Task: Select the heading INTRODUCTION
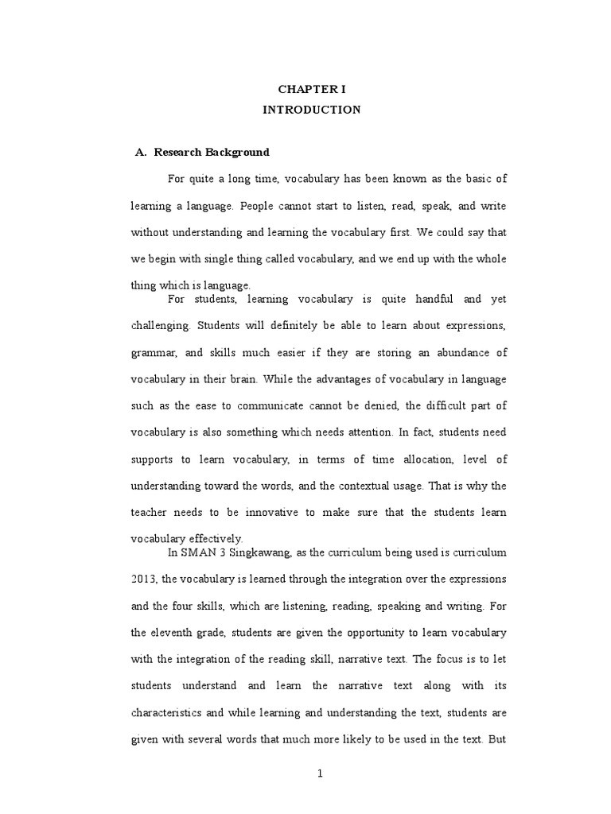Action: coord(312,110)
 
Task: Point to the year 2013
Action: coord(142,579)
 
